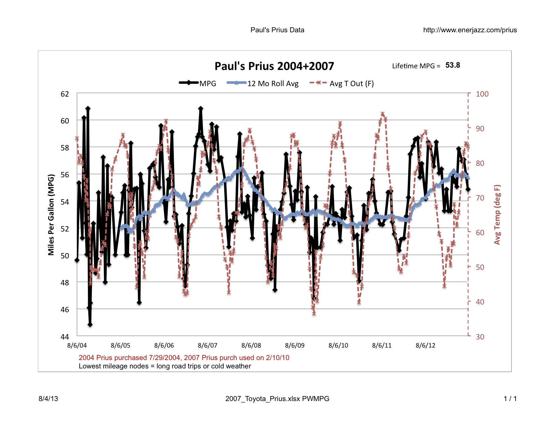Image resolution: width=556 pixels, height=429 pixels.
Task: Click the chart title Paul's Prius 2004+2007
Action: click(274, 66)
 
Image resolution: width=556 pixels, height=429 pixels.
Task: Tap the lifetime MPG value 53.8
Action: click(453, 65)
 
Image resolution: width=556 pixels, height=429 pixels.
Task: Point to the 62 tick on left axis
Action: click(65, 94)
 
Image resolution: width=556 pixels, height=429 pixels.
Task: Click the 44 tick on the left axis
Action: click(65, 336)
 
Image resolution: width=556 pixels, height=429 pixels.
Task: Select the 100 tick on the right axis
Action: click(482, 94)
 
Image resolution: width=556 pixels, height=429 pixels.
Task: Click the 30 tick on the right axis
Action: click(480, 336)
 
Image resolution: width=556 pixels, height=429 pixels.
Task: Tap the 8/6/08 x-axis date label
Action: click(251, 346)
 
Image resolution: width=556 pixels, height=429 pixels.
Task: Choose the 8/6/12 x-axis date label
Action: click(425, 346)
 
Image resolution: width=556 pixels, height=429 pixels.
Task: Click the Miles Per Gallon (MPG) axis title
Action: click(51, 215)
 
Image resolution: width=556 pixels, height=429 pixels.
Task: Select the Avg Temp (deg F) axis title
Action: click(497, 215)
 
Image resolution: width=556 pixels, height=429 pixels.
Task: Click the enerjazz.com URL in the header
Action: click(470, 30)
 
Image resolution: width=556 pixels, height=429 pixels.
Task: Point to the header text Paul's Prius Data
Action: click(277, 30)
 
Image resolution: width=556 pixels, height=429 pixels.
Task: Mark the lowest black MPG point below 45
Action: click(90, 325)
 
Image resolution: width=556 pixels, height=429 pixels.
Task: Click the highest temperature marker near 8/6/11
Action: click(383, 114)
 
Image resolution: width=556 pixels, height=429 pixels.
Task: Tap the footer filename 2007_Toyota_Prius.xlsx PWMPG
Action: click(277, 399)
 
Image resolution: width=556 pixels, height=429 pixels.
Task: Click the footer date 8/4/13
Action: click(48, 399)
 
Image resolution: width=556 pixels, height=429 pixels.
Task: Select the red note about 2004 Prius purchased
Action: click(184, 358)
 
